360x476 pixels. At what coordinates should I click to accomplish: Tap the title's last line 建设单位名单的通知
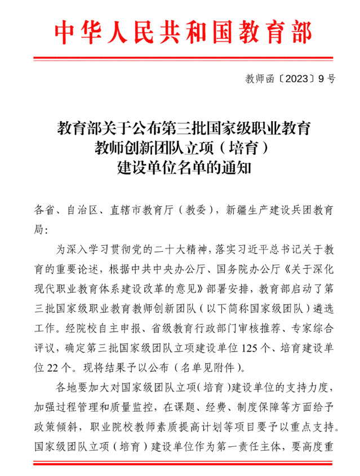pos(180,168)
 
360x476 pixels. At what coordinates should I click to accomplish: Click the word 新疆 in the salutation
pos(235,211)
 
